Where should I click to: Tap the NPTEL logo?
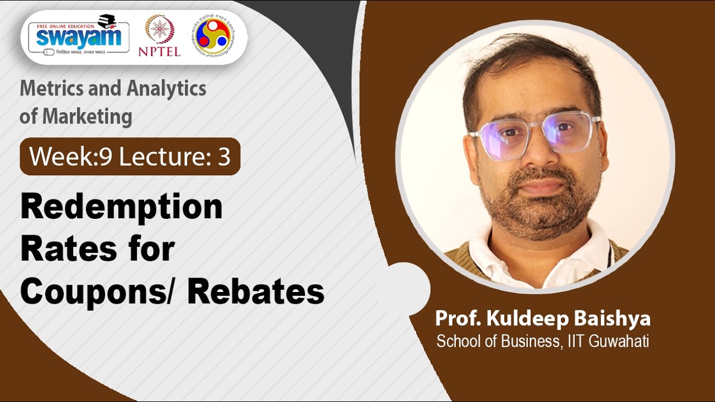[159, 36]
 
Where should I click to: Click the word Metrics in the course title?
[51, 89]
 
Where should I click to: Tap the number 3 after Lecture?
[224, 157]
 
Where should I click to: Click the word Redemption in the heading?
[121, 208]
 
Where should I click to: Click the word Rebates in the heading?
[256, 291]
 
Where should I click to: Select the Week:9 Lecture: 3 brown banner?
[130, 157]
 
